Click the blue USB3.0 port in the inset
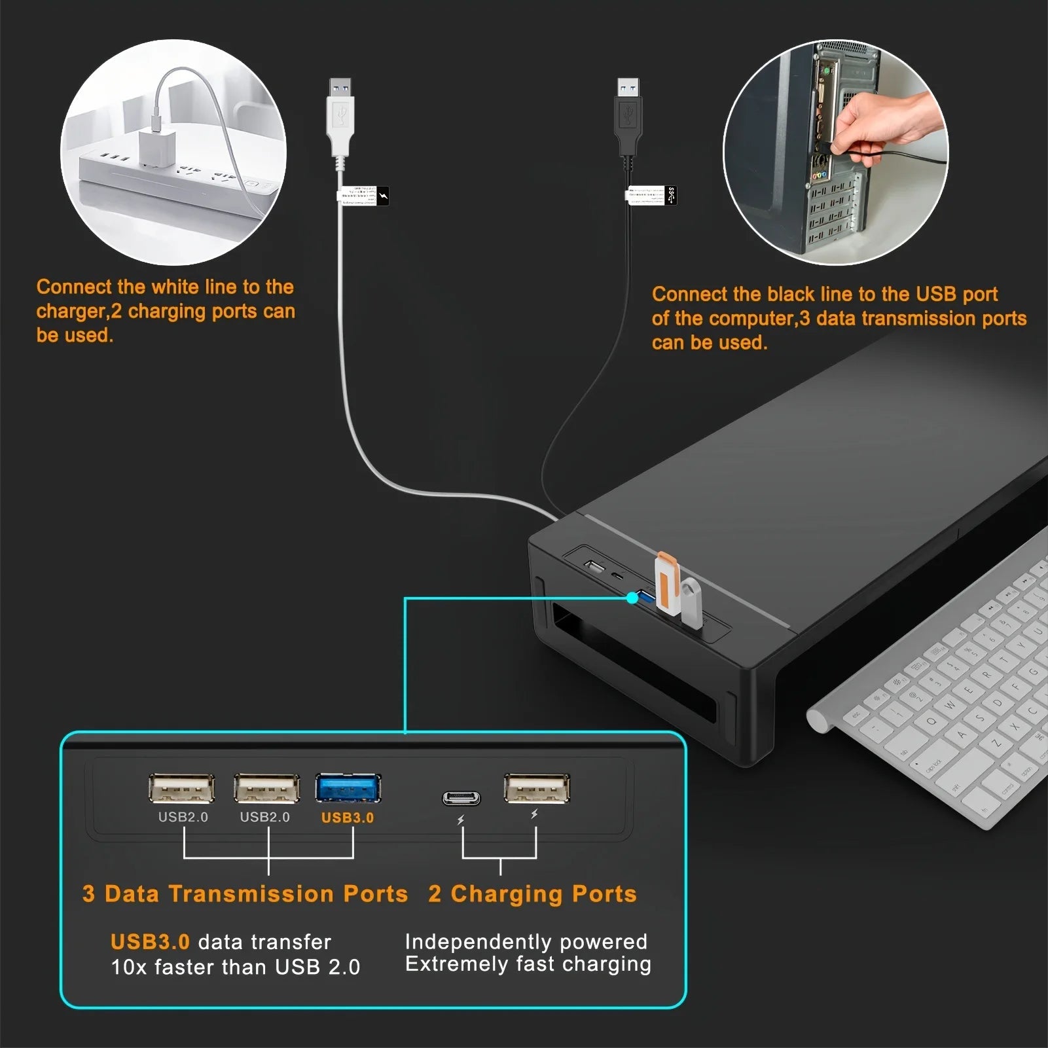348,788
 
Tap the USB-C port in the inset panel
461,798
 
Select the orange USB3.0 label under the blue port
348,818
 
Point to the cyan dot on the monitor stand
632,597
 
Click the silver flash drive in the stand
691,602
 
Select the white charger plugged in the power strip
155,147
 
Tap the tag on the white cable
363,196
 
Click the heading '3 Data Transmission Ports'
245,894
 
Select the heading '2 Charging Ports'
532,894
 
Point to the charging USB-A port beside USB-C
537,788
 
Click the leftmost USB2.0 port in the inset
182,788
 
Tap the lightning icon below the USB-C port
461,820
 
